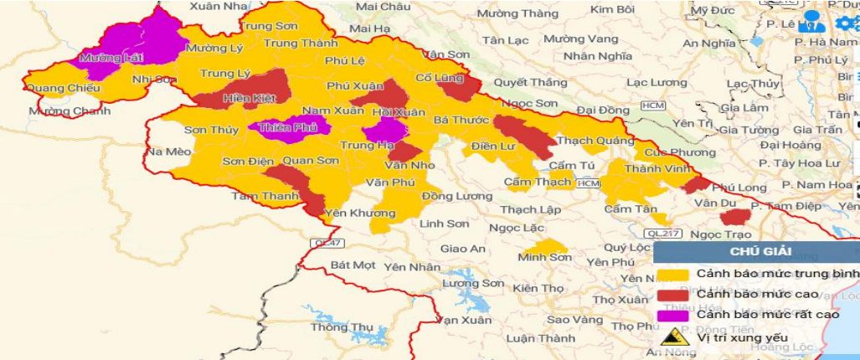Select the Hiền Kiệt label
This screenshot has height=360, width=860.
click(x=244, y=98)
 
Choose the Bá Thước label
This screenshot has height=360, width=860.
click(x=461, y=120)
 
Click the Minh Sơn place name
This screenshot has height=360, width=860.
click(x=544, y=257)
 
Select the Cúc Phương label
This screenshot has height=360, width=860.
click(x=667, y=152)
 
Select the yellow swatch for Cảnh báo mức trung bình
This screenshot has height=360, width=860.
click(x=672, y=274)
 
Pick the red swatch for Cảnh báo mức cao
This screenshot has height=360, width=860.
click(x=672, y=295)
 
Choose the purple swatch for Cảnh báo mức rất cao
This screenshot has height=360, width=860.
click(x=672, y=316)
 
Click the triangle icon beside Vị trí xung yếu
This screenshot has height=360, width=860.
click(x=671, y=337)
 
